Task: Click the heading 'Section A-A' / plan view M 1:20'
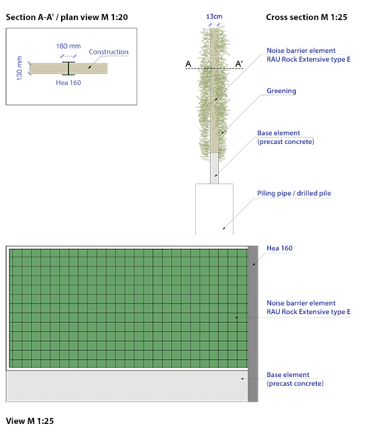point(67,17)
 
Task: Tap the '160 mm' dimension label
point(68,46)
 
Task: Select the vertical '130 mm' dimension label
point(19,68)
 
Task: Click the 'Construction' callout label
point(109,52)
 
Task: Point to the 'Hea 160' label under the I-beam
point(68,82)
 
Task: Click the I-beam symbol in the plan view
point(68,68)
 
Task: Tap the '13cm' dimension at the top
point(214,17)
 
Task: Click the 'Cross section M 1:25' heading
point(307,17)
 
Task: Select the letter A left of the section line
point(189,64)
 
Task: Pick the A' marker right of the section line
point(239,64)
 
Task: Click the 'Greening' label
point(281,91)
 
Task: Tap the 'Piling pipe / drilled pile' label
point(294,194)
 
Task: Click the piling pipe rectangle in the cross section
point(214,210)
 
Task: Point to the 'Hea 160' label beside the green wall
point(279,248)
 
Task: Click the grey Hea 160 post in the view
point(253,324)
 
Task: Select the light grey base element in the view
point(127,386)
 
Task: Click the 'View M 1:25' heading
point(30,421)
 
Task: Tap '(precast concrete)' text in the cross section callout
point(286,142)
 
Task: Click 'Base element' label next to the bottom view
point(288,374)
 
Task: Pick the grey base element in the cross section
point(214,168)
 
